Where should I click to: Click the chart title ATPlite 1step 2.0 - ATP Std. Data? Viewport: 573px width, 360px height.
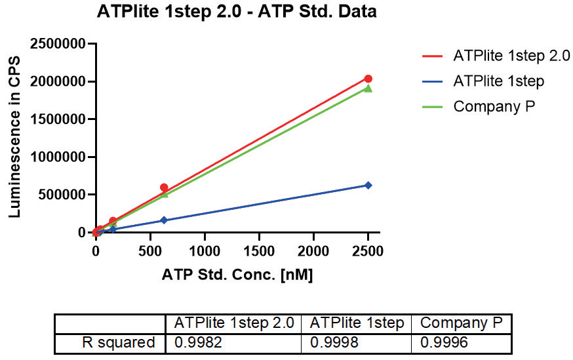coord(237,12)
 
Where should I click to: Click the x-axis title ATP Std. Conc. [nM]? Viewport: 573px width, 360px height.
coord(237,275)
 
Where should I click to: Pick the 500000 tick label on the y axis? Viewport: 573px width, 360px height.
coord(59,195)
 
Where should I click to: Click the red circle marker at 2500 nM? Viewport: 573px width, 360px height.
coord(368,79)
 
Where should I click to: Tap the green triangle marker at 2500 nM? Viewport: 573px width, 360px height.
coord(368,88)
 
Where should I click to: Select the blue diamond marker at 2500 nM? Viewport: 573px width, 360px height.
coord(368,186)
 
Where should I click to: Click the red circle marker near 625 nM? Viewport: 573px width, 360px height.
coord(164,188)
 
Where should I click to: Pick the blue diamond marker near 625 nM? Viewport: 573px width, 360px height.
coord(164,220)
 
